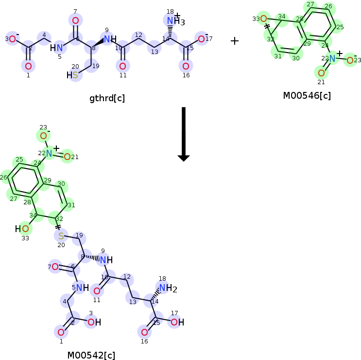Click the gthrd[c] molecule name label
click(x=107, y=98)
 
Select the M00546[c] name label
click(x=307, y=95)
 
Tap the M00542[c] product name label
click(x=91, y=355)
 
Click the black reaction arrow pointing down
click(x=183, y=134)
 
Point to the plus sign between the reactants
click(x=235, y=41)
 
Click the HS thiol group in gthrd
click(x=72, y=75)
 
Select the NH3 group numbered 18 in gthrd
click(x=173, y=21)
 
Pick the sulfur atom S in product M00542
click(x=61, y=236)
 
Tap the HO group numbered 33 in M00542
click(x=22, y=228)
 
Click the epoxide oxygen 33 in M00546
click(x=263, y=19)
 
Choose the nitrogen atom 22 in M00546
click(x=332, y=58)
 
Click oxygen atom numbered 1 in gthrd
click(x=28, y=66)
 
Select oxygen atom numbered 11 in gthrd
click(x=122, y=66)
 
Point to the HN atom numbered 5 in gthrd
click(x=57, y=48)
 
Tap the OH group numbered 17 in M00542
click(x=177, y=322)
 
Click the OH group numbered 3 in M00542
click(x=94, y=322)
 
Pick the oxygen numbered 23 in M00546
click(x=350, y=60)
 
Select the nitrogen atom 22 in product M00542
click(x=49, y=153)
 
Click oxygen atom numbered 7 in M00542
click(x=55, y=267)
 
